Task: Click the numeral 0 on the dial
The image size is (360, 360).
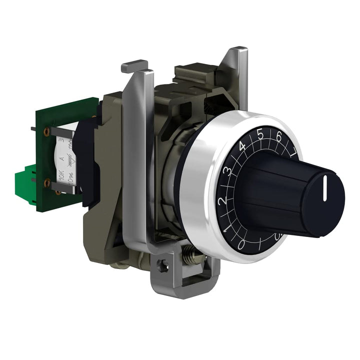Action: tap(240, 244)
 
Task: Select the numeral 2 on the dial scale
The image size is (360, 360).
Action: tap(222, 200)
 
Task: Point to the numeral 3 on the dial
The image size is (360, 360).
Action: tap(227, 170)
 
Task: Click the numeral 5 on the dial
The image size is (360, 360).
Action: tap(260, 133)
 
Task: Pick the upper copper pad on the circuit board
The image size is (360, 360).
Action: tap(47, 132)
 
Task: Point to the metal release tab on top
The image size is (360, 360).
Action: tap(134, 65)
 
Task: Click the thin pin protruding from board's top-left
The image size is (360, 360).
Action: tap(32, 129)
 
